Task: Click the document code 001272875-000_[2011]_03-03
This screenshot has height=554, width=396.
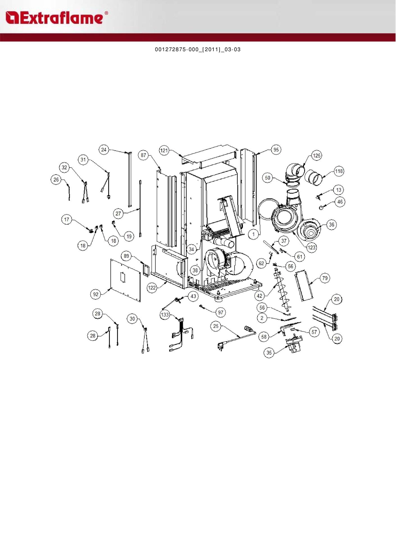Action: pyautogui.click(x=198, y=50)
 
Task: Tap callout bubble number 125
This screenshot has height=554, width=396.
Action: pyautogui.click(x=317, y=155)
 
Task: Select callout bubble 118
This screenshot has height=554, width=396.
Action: pyautogui.click(x=339, y=171)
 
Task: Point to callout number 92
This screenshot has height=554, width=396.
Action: pyautogui.click(x=96, y=294)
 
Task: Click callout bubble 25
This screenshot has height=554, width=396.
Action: pyautogui.click(x=216, y=326)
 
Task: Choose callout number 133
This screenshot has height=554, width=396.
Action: pyautogui.click(x=165, y=315)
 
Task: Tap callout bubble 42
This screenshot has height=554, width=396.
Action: pyautogui.click(x=260, y=296)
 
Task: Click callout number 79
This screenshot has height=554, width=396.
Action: pyautogui.click(x=325, y=278)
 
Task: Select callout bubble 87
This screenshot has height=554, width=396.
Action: pyautogui.click(x=144, y=155)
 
